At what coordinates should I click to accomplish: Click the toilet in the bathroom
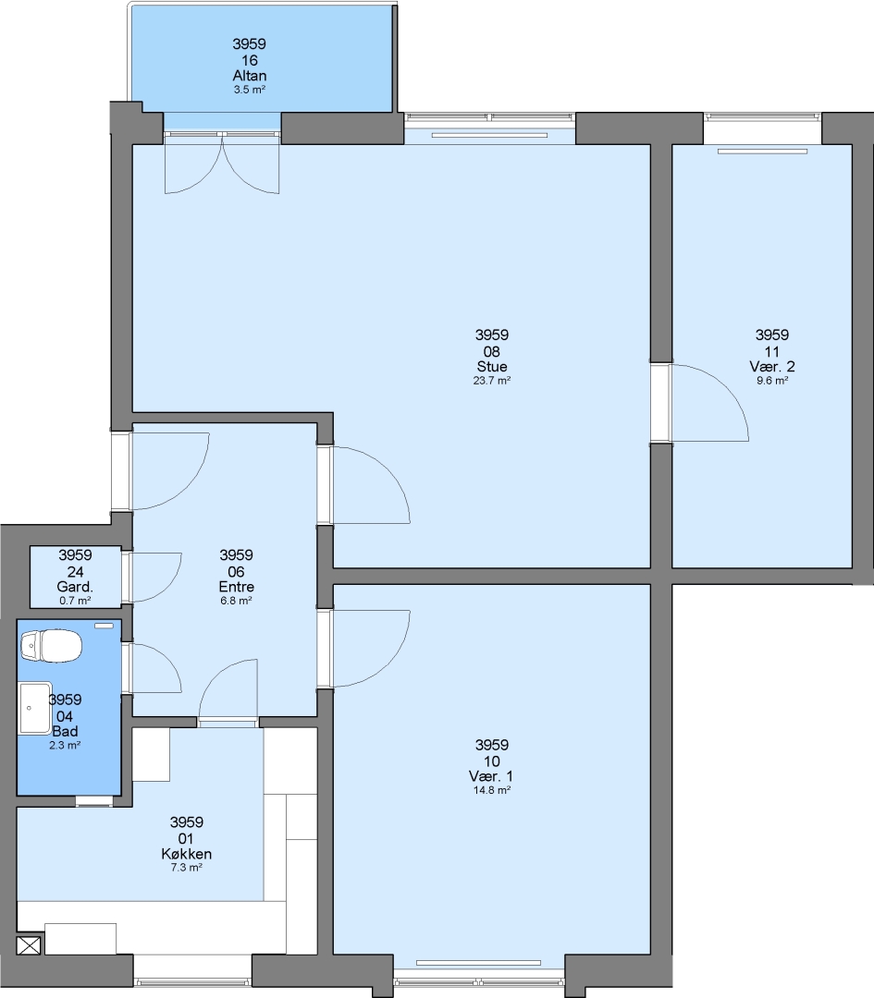[x=51, y=646]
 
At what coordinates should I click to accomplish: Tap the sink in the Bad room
[x=35, y=708]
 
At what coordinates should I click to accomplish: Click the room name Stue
[x=492, y=367]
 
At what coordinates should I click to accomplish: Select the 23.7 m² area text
[x=492, y=381]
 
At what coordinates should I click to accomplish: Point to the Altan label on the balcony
[x=249, y=76]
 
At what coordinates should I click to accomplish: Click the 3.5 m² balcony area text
[x=249, y=90]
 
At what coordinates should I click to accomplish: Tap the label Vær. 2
[x=772, y=367]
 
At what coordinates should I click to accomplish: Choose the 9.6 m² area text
[x=772, y=381]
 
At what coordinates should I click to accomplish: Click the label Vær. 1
[x=491, y=776]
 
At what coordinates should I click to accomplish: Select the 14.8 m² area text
[x=492, y=790]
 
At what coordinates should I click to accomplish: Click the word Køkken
[x=186, y=854]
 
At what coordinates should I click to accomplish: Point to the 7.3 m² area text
[x=186, y=868]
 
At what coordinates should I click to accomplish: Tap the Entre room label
[x=237, y=587]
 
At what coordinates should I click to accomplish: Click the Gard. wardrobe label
[x=75, y=587]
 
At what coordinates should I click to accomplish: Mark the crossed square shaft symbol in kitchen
[x=29, y=945]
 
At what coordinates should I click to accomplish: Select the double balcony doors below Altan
[x=222, y=163]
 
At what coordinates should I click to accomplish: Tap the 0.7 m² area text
[x=75, y=601]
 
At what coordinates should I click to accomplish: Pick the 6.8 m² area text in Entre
[x=237, y=601]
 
